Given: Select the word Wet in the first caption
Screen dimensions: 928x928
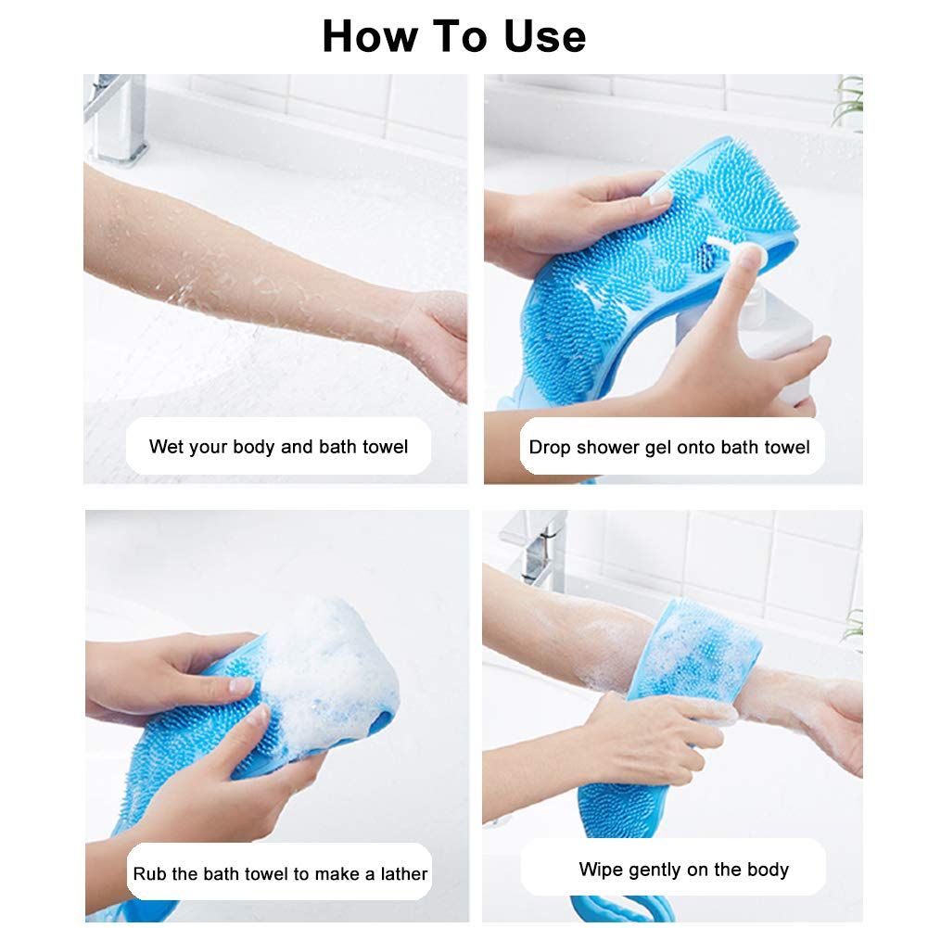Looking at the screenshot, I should [166, 447].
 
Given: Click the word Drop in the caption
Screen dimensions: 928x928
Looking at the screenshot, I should [550, 448].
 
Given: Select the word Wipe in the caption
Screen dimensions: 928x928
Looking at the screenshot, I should [600, 870].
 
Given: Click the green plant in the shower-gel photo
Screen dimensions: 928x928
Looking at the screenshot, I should [847, 102].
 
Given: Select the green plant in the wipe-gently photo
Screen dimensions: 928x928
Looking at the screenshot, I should [853, 630].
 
